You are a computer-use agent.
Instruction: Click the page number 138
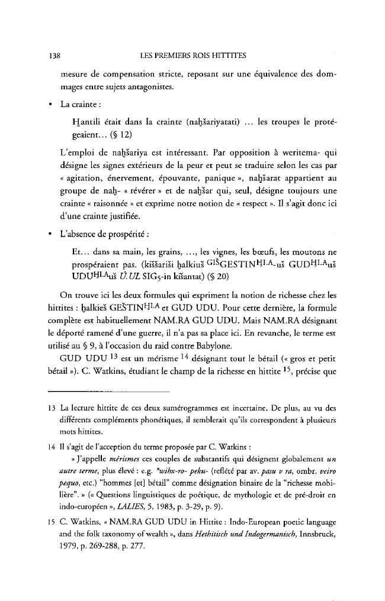click(53, 56)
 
